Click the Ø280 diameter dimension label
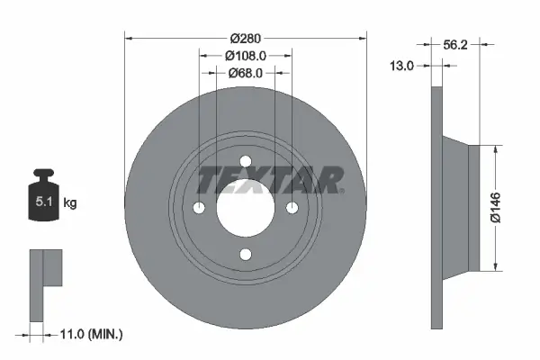click(245, 38)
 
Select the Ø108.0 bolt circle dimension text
click(245, 56)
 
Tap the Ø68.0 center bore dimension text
click(245, 74)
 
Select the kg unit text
click(70, 203)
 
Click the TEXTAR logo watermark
click(269, 180)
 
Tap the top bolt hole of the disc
click(246, 161)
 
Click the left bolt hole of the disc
click(199, 208)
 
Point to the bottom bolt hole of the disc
click(246, 255)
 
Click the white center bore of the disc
click(246, 208)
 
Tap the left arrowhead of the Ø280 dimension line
click(127, 38)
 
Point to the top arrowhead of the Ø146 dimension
click(494, 149)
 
